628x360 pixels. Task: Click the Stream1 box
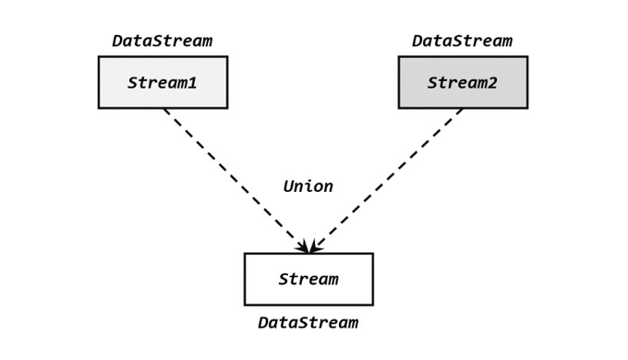click(163, 82)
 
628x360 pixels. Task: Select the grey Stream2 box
click(463, 82)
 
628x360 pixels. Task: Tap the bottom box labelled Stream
click(308, 279)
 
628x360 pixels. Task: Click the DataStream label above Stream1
click(163, 41)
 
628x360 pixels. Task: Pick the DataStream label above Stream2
click(462, 41)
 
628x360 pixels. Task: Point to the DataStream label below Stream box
click(308, 322)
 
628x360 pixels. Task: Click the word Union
click(308, 186)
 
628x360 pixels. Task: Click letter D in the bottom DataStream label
click(263, 322)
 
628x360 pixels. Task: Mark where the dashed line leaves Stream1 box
click(165, 109)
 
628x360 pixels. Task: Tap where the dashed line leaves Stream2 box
click(462, 109)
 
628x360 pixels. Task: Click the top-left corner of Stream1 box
click(99, 56)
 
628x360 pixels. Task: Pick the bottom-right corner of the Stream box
click(373, 305)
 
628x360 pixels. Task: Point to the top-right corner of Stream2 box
click(527, 56)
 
